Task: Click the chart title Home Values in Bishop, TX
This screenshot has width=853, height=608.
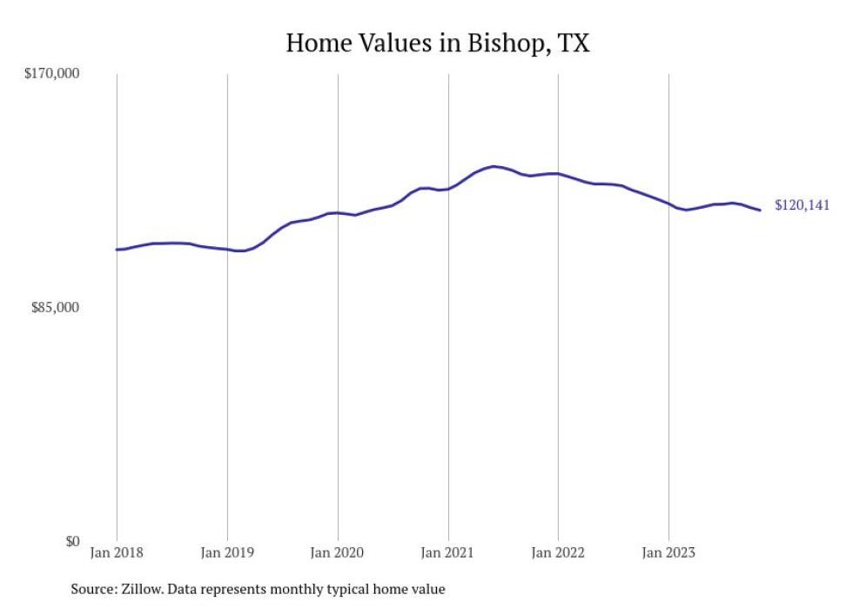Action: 438,43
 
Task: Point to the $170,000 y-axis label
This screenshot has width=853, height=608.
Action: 50,74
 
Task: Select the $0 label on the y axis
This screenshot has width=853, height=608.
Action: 71,541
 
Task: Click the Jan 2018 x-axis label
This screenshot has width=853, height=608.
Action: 117,552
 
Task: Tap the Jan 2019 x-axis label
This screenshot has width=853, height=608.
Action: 227,552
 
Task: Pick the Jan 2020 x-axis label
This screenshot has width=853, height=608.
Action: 338,552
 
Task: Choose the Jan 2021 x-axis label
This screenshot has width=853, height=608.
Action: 448,552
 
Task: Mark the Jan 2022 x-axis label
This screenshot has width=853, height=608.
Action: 558,552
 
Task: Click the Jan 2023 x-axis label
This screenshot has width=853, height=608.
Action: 668,552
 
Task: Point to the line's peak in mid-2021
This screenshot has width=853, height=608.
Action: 494,166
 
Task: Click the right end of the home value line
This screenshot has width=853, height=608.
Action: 761,210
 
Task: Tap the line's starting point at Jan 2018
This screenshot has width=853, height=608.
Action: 117,250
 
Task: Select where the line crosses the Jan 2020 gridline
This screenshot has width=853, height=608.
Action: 338,212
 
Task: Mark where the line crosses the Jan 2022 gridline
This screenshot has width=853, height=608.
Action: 558,174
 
